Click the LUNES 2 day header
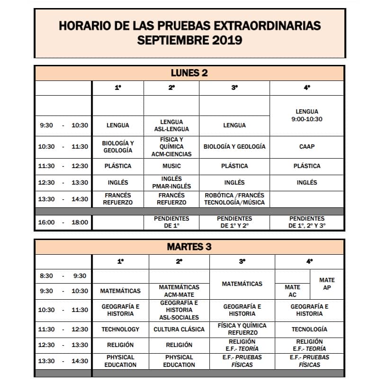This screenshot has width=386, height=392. [189, 73]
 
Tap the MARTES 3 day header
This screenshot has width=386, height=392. [189, 247]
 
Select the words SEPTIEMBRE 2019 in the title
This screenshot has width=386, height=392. [189, 40]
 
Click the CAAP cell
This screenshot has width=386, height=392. [306, 147]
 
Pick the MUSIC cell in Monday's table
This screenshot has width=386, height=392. [171, 166]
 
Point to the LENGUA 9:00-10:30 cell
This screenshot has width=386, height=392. [306, 116]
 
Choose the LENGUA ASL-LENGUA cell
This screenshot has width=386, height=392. [171, 125]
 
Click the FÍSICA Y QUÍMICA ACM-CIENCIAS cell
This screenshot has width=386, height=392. [171, 147]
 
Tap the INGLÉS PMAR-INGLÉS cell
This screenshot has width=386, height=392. [171, 182]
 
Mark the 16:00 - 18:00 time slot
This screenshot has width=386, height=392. [63, 222]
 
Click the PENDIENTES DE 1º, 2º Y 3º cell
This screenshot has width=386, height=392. [306, 222]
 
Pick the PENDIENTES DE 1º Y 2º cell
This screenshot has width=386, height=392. [234, 222]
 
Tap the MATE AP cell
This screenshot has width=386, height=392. [327, 284]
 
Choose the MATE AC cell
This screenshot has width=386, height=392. [292, 291]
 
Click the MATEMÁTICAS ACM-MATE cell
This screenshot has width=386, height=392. [179, 291]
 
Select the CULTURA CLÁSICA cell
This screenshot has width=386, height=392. [179, 329]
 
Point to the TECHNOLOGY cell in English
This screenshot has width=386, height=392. [120, 329]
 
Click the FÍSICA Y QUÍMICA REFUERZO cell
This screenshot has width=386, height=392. [242, 329]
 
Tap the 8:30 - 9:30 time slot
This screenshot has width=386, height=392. [63, 276]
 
